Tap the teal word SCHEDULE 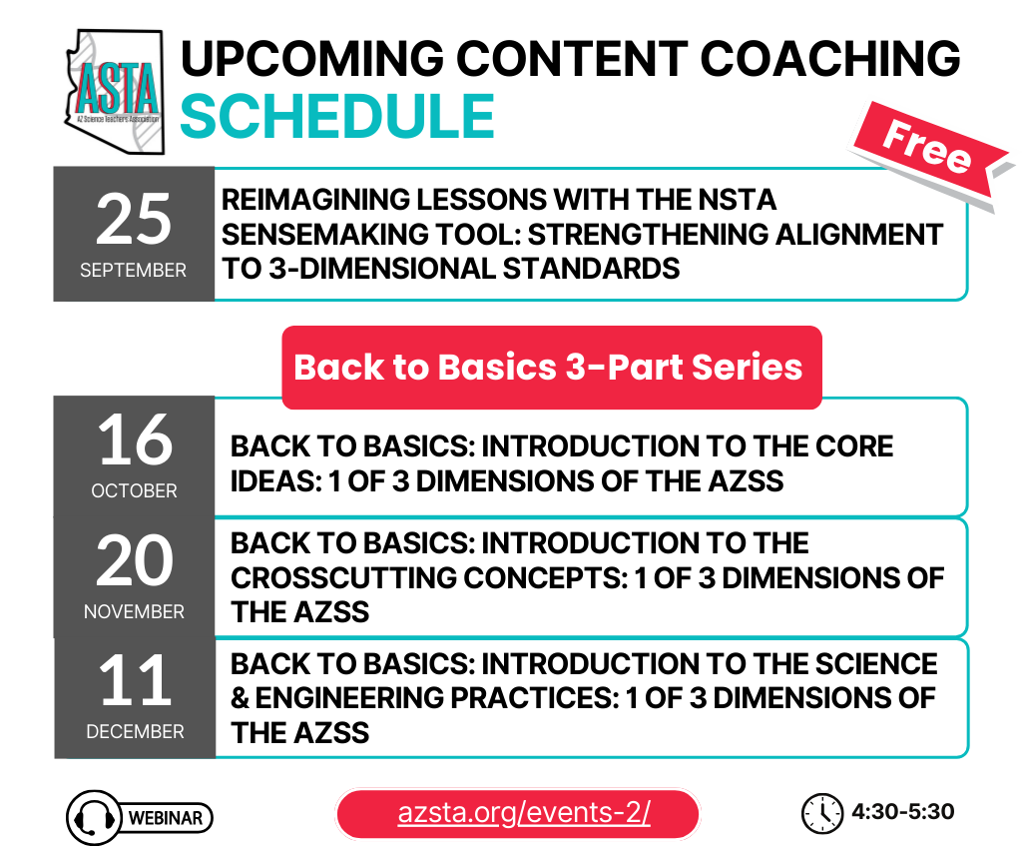click(x=337, y=116)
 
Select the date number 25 click(x=134, y=220)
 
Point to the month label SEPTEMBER click(x=134, y=270)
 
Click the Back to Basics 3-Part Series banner click(x=551, y=368)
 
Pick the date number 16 click(x=135, y=440)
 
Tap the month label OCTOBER click(x=135, y=490)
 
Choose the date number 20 click(x=135, y=560)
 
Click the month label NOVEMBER click(x=135, y=611)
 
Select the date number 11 click(x=135, y=681)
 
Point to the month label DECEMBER click(x=135, y=731)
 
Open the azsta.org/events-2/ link click(x=524, y=813)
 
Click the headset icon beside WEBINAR click(x=94, y=818)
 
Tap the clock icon click(x=822, y=813)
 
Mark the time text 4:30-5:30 click(x=902, y=812)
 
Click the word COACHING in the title click(x=830, y=58)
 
